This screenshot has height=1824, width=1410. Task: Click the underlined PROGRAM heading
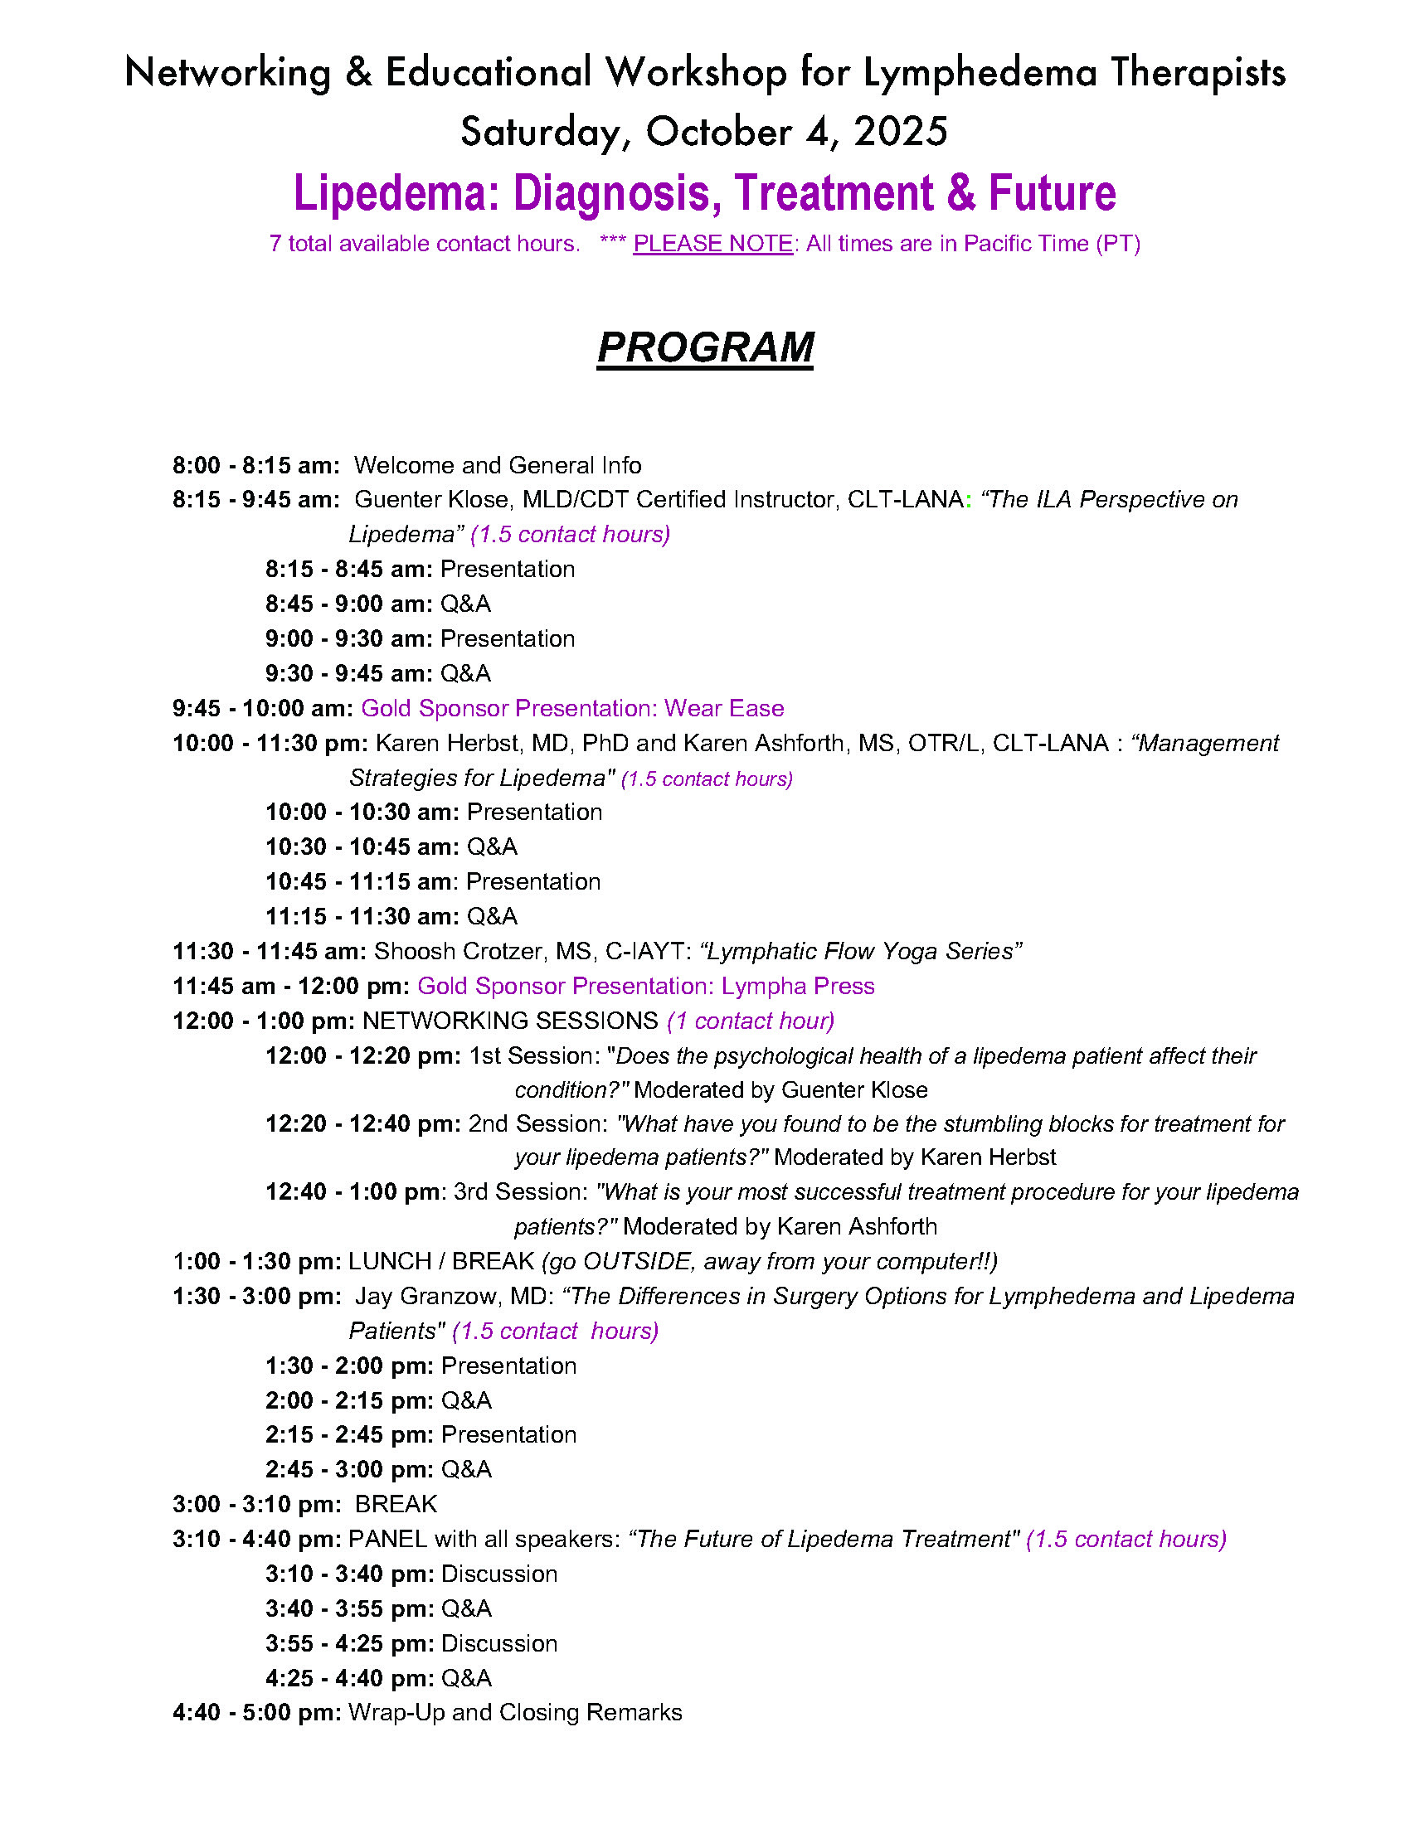click(705, 347)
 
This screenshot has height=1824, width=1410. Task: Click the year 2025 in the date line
click(900, 132)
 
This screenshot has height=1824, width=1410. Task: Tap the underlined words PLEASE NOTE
click(712, 244)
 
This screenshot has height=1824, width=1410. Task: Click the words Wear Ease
click(724, 708)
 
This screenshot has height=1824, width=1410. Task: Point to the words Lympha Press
click(798, 986)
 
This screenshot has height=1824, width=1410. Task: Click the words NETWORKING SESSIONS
click(510, 1021)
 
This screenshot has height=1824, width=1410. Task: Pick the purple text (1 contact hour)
click(751, 1021)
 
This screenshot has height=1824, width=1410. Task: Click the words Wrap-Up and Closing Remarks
click(515, 1713)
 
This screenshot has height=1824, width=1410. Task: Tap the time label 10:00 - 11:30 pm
click(270, 744)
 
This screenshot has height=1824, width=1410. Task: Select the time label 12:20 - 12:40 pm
click(362, 1124)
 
